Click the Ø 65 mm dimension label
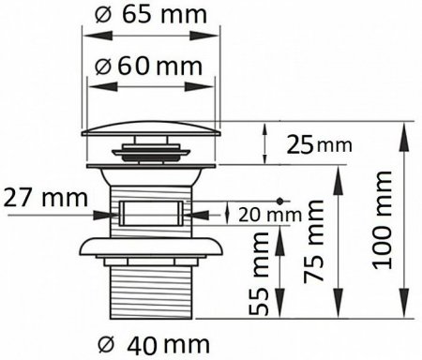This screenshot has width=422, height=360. [151, 14]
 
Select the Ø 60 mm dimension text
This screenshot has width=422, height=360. [149, 67]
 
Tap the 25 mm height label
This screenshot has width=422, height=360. [319, 144]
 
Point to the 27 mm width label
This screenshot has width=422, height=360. [46, 198]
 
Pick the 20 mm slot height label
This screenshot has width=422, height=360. [270, 215]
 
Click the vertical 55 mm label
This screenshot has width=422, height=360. [259, 274]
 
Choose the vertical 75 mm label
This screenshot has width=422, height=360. [314, 241]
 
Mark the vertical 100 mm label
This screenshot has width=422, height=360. [382, 220]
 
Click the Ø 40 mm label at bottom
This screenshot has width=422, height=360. [153, 345]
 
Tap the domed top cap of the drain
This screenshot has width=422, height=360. [151, 129]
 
